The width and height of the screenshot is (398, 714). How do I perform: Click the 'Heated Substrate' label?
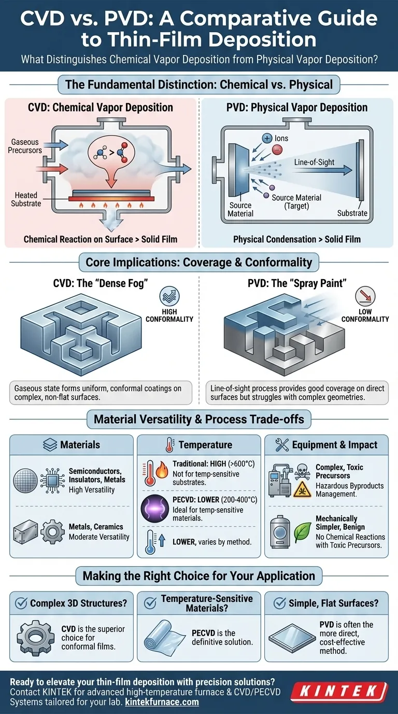pyautogui.click(x=26, y=199)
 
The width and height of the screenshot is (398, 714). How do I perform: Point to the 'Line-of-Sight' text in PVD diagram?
pyautogui.click(x=315, y=162)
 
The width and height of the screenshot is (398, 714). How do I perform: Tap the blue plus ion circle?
pyautogui.click(x=267, y=138)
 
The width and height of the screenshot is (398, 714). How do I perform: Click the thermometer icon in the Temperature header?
pyautogui.click(x=169, y=445)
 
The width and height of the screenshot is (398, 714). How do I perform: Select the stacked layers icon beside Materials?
pyautogui.click(x=49, y=445)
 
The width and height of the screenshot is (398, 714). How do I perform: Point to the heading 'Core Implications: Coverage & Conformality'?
pyautogui.click(x=198, y=263)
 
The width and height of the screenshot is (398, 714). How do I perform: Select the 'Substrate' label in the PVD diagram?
pyautogui.click(x=352, y=213)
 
